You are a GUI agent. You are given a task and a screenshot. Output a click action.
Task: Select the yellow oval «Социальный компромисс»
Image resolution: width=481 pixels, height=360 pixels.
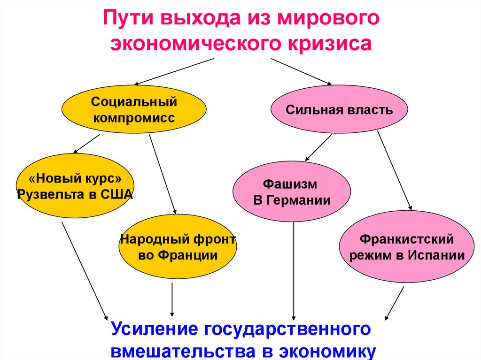pos(134,109)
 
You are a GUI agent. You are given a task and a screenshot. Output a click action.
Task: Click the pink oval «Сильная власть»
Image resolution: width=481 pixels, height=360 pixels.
pos(339,110)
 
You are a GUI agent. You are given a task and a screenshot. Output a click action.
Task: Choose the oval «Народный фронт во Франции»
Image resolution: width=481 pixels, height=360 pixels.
pos(178,247)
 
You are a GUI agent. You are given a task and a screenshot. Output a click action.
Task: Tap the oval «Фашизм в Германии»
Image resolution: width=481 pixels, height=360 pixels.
pos(292,191)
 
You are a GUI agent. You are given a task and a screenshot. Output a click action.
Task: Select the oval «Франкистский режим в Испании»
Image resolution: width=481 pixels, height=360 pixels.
pos(407,247)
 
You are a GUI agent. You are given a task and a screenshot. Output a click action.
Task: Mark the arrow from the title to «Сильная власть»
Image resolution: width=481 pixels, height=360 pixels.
pos(301,71)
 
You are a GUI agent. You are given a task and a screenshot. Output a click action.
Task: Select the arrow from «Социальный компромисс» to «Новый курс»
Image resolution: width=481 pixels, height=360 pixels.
pos(86,143)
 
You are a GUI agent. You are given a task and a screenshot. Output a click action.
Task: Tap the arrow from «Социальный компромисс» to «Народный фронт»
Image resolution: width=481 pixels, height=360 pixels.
pos(163,174)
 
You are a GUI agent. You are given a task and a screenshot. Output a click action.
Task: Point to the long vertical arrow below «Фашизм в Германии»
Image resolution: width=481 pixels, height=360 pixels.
pos(294,270)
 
